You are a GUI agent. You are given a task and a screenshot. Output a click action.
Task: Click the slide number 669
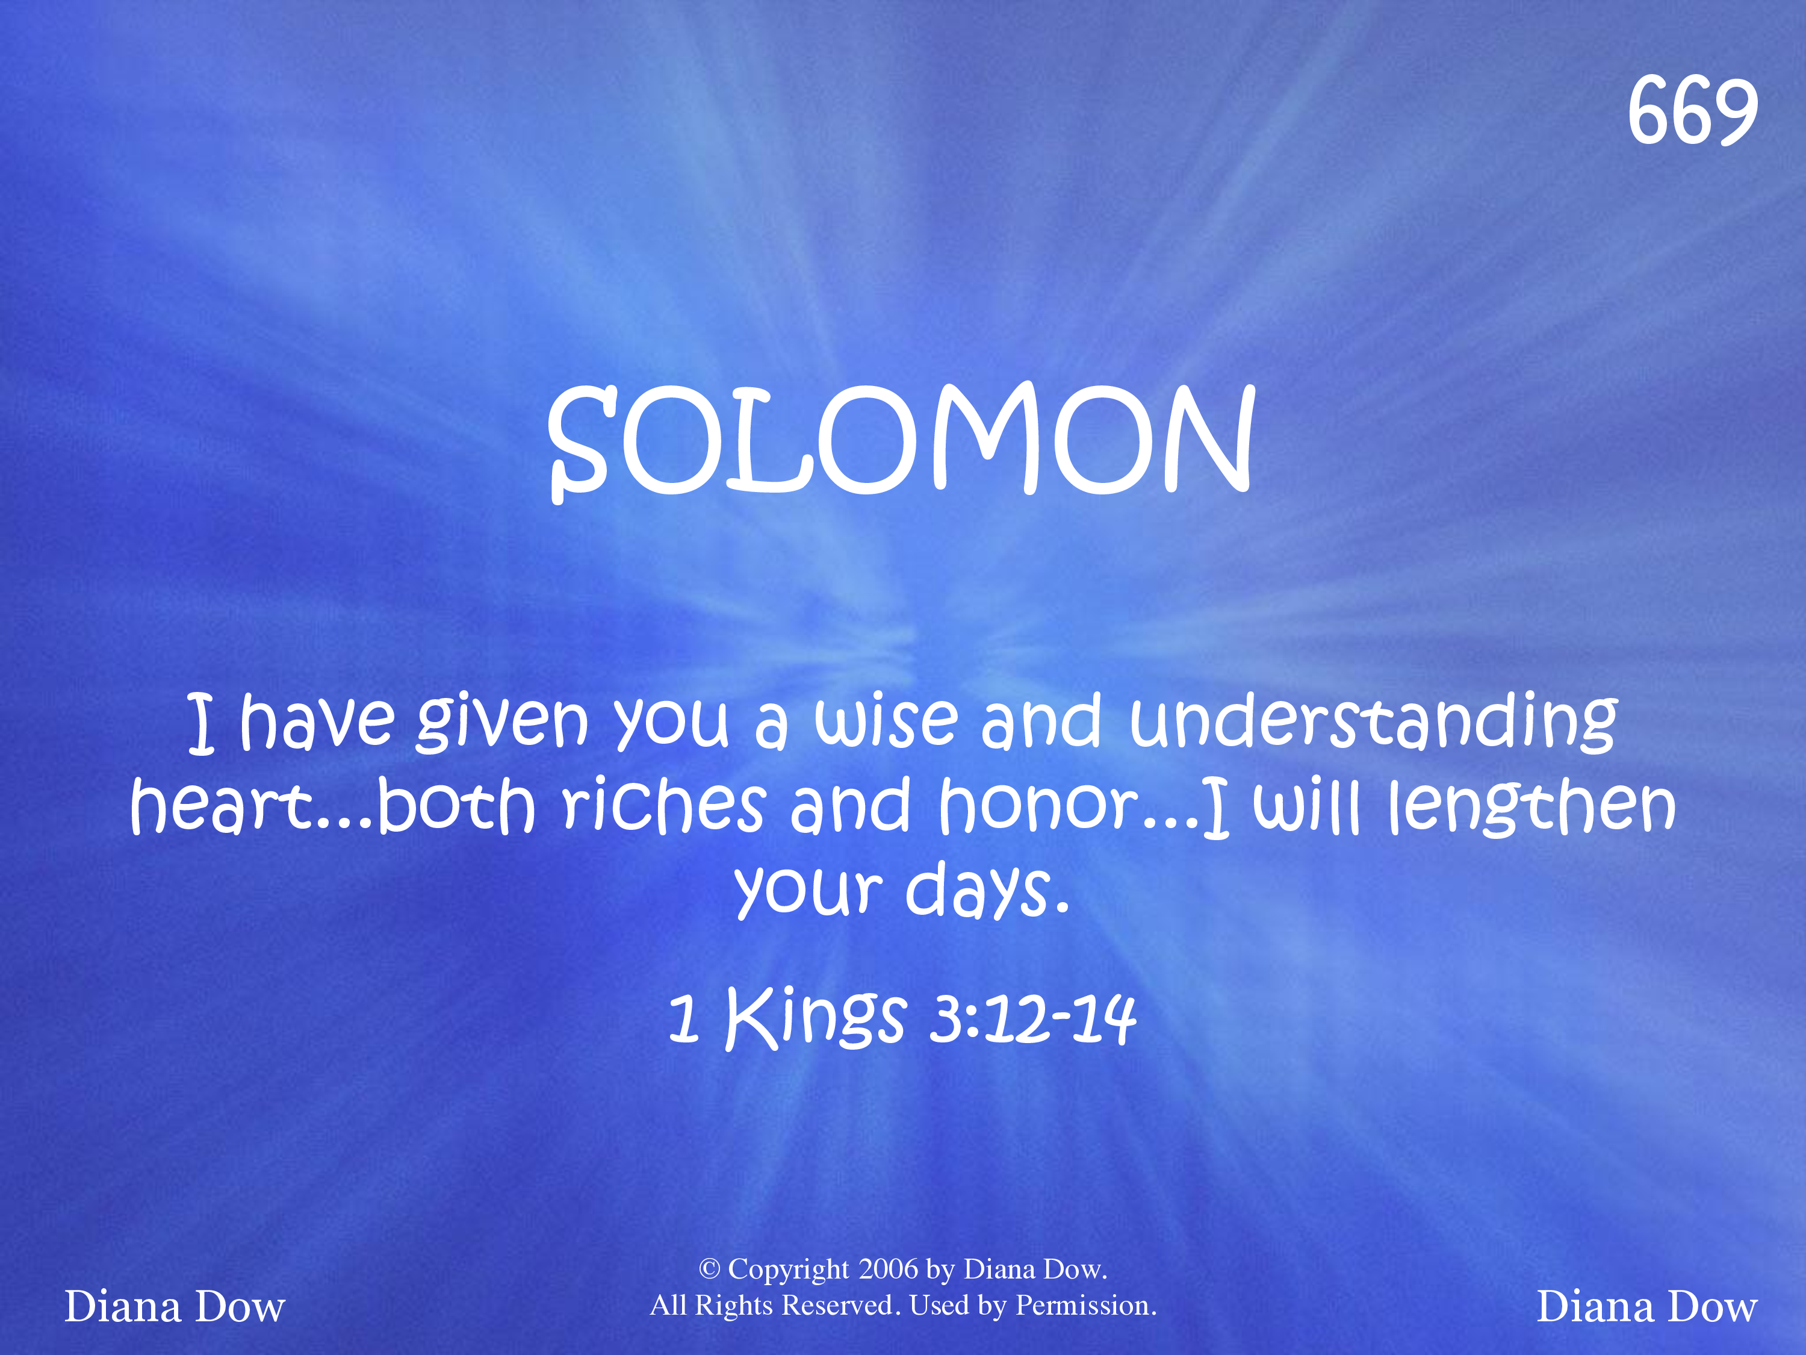[x=1692, y=111]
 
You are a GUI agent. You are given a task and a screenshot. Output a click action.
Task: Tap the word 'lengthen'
[x=1533, y=807]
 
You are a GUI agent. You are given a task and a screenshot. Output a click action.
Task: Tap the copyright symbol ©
[x=709, y=1268]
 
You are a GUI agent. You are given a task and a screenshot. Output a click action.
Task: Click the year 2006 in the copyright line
[x=889, y=1268]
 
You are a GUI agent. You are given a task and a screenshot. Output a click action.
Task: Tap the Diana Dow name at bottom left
[x=175, y=1307]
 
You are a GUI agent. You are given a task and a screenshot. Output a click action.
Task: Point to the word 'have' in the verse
[x=317, y=722]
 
